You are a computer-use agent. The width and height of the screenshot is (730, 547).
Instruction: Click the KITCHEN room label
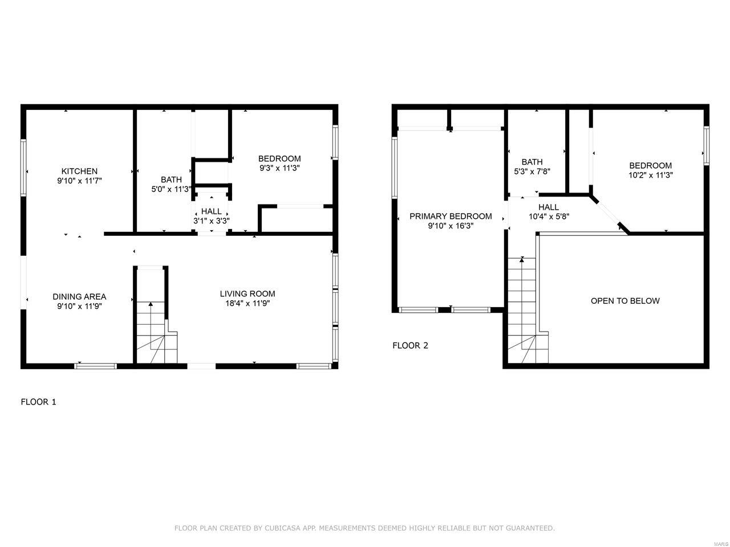tap(79, 172)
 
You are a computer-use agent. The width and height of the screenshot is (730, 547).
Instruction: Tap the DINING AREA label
tap(79, 297)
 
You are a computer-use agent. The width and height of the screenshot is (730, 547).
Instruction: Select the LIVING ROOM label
tap(248, 293)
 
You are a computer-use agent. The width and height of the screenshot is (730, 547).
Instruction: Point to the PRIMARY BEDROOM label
tap(451, 216)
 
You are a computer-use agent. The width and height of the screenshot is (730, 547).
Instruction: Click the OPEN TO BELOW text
tap(625, 301)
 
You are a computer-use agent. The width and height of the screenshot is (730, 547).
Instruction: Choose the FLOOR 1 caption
tap(39, 402)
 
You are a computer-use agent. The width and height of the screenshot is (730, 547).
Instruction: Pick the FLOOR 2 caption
tap(411, 346)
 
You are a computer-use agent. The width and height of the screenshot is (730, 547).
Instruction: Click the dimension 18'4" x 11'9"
tap(248, 303)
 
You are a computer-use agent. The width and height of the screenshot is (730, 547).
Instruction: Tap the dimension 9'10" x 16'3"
tap(451, 226)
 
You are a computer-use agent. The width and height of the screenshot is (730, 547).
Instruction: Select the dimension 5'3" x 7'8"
tap(532, 172)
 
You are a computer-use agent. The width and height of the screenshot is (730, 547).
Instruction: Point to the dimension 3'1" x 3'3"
tap(212, 221)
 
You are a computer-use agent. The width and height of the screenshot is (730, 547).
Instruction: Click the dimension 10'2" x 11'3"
tap(651, 175)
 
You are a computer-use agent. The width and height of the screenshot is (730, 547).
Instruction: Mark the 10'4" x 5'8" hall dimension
tap(549, 217)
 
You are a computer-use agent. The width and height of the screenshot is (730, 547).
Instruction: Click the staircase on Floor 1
tap(156, 332)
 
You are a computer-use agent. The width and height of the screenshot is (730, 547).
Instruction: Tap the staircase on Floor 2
tap(527, 311)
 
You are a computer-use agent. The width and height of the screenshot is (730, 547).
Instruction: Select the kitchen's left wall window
tap(23, 168)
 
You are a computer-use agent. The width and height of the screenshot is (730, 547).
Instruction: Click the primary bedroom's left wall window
tap(395, 168)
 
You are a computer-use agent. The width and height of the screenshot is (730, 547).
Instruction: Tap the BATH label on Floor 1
tap(171, 179)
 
